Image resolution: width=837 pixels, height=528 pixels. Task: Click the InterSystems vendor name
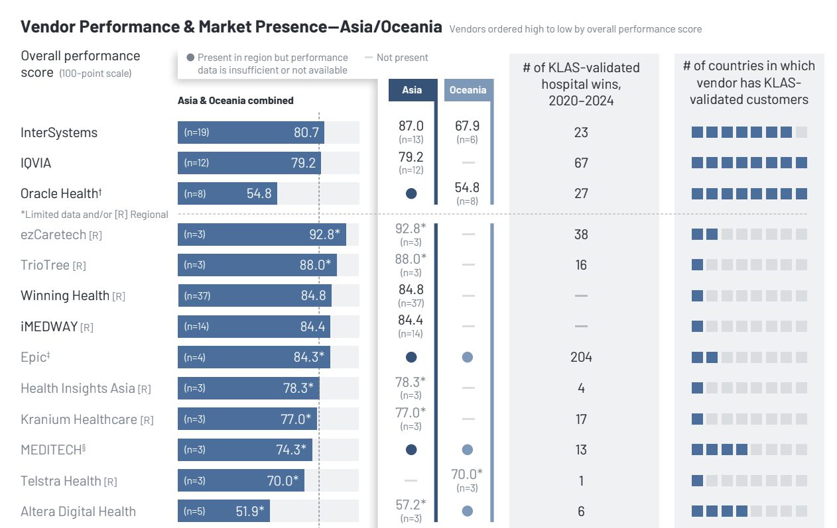(x=59, y=132)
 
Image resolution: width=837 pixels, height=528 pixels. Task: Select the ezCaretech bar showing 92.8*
(x=261, y=234)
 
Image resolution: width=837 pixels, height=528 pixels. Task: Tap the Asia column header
(x=412, y=90)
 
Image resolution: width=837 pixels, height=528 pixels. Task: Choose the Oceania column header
(x=468, y=90)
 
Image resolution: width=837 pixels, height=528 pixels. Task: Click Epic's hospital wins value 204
(x=581, y=357)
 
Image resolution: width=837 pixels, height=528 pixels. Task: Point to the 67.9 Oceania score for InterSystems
(x=467, y=126)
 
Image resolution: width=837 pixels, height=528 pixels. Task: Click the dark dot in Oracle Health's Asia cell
(x=411, y=194)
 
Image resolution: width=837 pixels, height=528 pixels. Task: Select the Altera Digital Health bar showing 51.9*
(x=224, y=511)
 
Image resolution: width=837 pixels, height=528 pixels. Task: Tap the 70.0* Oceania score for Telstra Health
(x=467, y=474)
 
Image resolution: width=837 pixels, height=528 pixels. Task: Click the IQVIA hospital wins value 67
(x=581, y=163)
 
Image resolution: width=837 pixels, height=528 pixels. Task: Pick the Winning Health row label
(x=65, y=295)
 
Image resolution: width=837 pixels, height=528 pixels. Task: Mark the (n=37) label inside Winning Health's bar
(x=197, y=295)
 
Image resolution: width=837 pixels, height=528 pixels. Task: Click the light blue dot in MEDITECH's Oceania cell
(x=467, y=450)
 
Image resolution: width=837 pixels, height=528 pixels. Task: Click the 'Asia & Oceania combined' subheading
(x=235, y=101)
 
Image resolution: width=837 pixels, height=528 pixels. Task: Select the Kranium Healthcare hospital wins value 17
(x=581, y=419)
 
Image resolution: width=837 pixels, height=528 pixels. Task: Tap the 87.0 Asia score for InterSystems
(x=411, y=126)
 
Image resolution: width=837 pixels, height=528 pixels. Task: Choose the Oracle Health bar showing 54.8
(x=227, y=193)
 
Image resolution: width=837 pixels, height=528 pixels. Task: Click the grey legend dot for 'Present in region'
(x=191, y=58)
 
